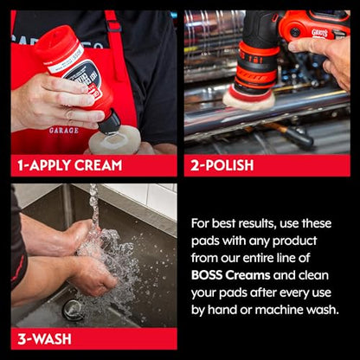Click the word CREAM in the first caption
(98, 165)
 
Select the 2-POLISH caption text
(222, 165)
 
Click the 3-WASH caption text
(44, 339)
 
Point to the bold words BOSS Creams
(231, 275)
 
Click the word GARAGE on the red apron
(63, 131)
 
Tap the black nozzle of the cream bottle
(109, 122)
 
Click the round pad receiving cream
(115, 142)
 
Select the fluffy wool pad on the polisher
(249, 100)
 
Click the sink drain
(72, 310)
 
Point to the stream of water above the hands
(93, 206)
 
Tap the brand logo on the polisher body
(319, 34)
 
